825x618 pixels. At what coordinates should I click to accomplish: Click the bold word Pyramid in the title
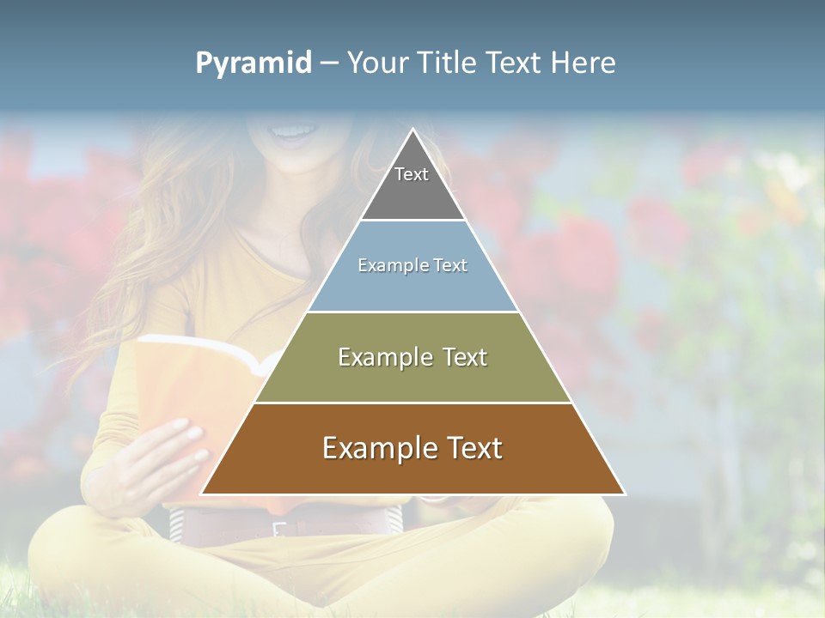(x=254, y=64)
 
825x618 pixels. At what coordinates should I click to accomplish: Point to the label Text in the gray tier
(x=412, y=174)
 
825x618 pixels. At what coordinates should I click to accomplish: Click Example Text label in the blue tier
(x=412, y=265)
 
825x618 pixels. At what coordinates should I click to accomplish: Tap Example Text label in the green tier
(x=412, y=357)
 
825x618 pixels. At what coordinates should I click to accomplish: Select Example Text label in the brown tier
(x=412, y=448)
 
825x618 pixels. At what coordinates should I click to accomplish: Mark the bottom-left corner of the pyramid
(x=202, y=494)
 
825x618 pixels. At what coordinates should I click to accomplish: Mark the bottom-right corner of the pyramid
(x=624, y=494)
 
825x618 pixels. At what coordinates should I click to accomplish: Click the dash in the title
(x=329, y=64)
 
